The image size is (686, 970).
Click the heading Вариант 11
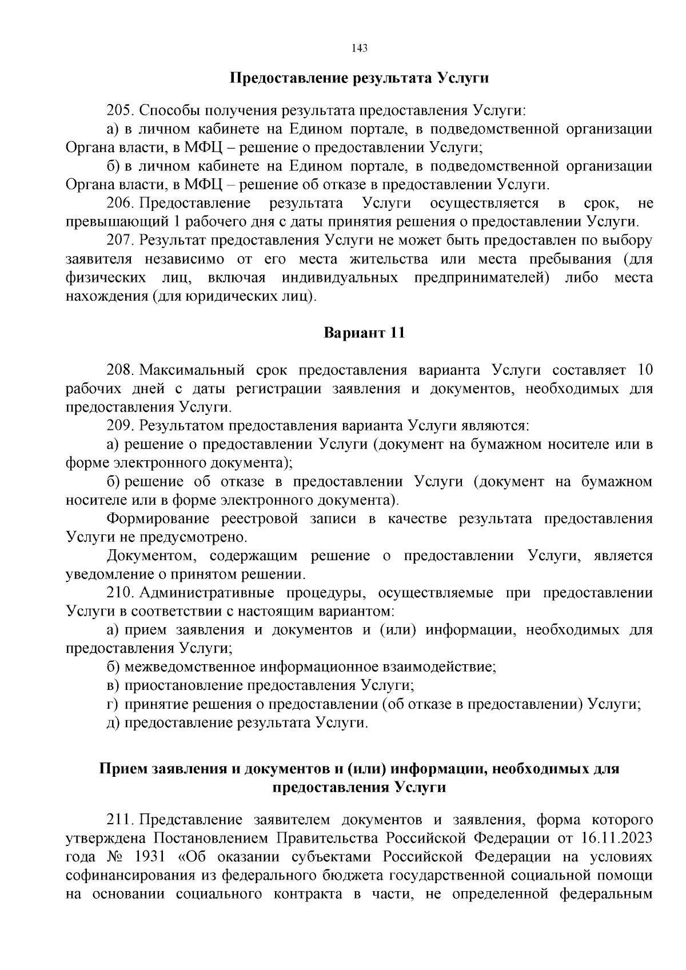tap(364, 333)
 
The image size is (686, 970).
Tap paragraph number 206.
tap(120, 203)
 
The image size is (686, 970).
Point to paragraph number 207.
tap(120, 241)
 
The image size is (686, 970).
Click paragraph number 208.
tap(120, 370)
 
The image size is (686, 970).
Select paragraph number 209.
tap(120, 426)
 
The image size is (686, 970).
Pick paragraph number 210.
tap(120, 593)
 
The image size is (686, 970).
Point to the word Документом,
tap(153, 556)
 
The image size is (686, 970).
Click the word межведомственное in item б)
tap(190, 667)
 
